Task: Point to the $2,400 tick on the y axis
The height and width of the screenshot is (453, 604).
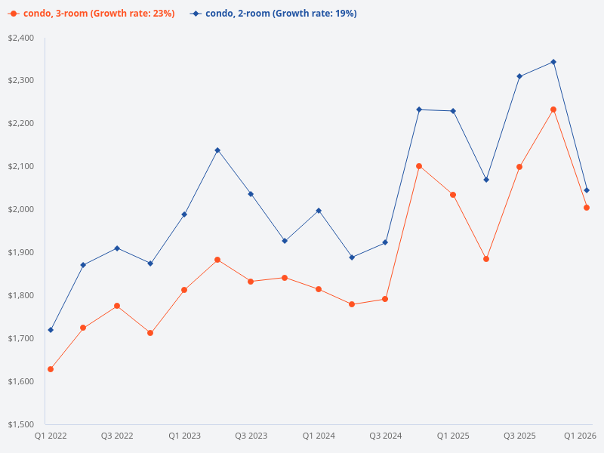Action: point(20,38)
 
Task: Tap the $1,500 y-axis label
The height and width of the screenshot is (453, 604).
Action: point(20,424)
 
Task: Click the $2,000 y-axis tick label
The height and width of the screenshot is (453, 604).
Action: point(20,209)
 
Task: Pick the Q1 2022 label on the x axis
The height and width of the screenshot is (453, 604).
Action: point(51,436)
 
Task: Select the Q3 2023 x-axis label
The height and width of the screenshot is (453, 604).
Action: point(251,436)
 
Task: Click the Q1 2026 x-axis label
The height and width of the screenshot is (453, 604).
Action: point(581,436)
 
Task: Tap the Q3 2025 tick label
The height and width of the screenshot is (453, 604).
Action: point(519,436)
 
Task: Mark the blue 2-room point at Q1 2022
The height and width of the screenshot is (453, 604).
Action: point(51,330)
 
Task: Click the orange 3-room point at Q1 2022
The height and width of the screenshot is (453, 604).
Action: point(51,369)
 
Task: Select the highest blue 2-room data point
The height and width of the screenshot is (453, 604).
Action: point(553,62)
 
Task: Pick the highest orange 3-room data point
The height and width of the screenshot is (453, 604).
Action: point(553,109)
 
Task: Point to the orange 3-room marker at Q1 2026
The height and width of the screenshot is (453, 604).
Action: point(587,208)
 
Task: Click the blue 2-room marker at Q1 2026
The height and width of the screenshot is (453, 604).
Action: point(587,190)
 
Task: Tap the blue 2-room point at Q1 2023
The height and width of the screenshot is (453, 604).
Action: point(184,214)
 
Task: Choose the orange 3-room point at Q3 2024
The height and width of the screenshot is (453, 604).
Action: point(385,299)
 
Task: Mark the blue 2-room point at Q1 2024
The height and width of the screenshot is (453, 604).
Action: point(319,211)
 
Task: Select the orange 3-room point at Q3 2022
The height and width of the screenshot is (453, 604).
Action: point(117,306)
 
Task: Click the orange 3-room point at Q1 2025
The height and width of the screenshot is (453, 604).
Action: point(453,195)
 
